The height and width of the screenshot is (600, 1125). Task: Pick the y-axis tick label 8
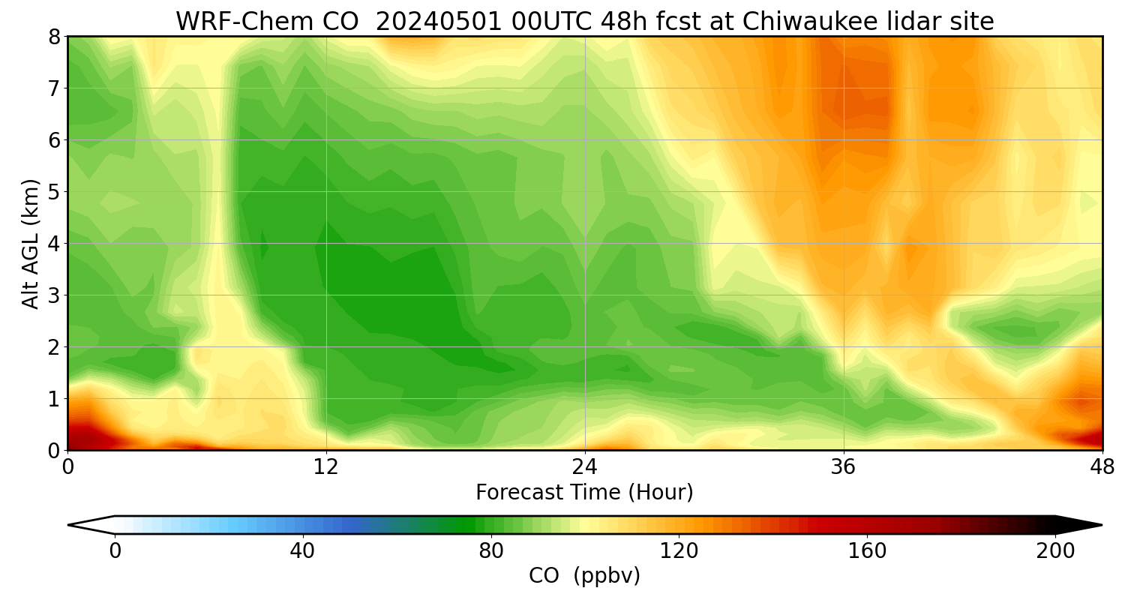53,37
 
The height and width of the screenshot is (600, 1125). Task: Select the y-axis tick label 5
53,192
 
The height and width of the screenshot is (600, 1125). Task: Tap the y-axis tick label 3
53,295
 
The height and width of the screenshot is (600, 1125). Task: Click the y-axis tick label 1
53,399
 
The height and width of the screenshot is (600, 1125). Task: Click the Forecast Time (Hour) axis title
584,493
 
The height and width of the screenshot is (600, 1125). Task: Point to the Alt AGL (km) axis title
31,243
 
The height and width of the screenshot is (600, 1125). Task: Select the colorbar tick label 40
302,551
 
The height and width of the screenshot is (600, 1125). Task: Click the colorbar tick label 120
679,551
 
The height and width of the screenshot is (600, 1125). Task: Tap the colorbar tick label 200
1055,551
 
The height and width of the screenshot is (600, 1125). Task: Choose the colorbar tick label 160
867,551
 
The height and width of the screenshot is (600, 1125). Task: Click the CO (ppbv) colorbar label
584,576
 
